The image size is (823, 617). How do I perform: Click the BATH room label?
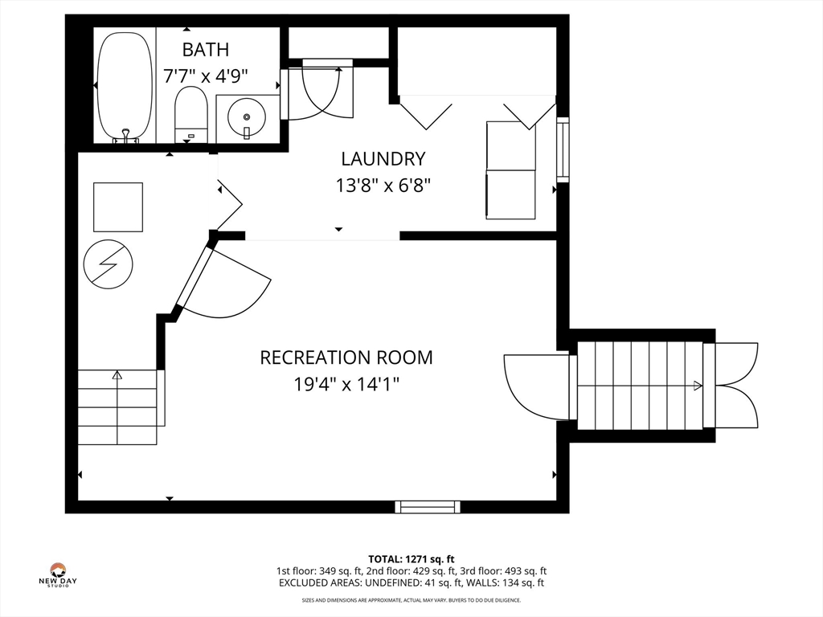pos(205,49)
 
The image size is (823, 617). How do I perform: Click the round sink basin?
pos(247,117)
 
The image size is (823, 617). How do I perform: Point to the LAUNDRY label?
pos(383,158)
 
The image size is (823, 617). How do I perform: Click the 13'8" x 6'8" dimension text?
pos(383,186)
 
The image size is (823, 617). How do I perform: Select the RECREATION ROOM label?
pos(346,358)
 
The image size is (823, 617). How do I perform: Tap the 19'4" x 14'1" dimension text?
pos(346,384)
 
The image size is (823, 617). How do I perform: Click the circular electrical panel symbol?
pos(109,264)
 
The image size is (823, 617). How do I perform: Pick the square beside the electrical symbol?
pos(118,206)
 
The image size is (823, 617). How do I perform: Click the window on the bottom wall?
pos(428,506)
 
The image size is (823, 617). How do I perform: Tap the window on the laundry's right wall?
pos(563,149)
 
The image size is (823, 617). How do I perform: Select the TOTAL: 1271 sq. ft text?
pos(411,559)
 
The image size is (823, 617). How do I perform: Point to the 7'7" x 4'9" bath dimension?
pos(205,76)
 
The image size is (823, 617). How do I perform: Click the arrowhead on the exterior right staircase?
pos(698,386)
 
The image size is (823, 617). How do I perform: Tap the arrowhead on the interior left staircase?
pos(117,374)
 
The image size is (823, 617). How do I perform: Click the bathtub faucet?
pos(126,135)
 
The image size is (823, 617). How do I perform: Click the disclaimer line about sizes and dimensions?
pos(411,600)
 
